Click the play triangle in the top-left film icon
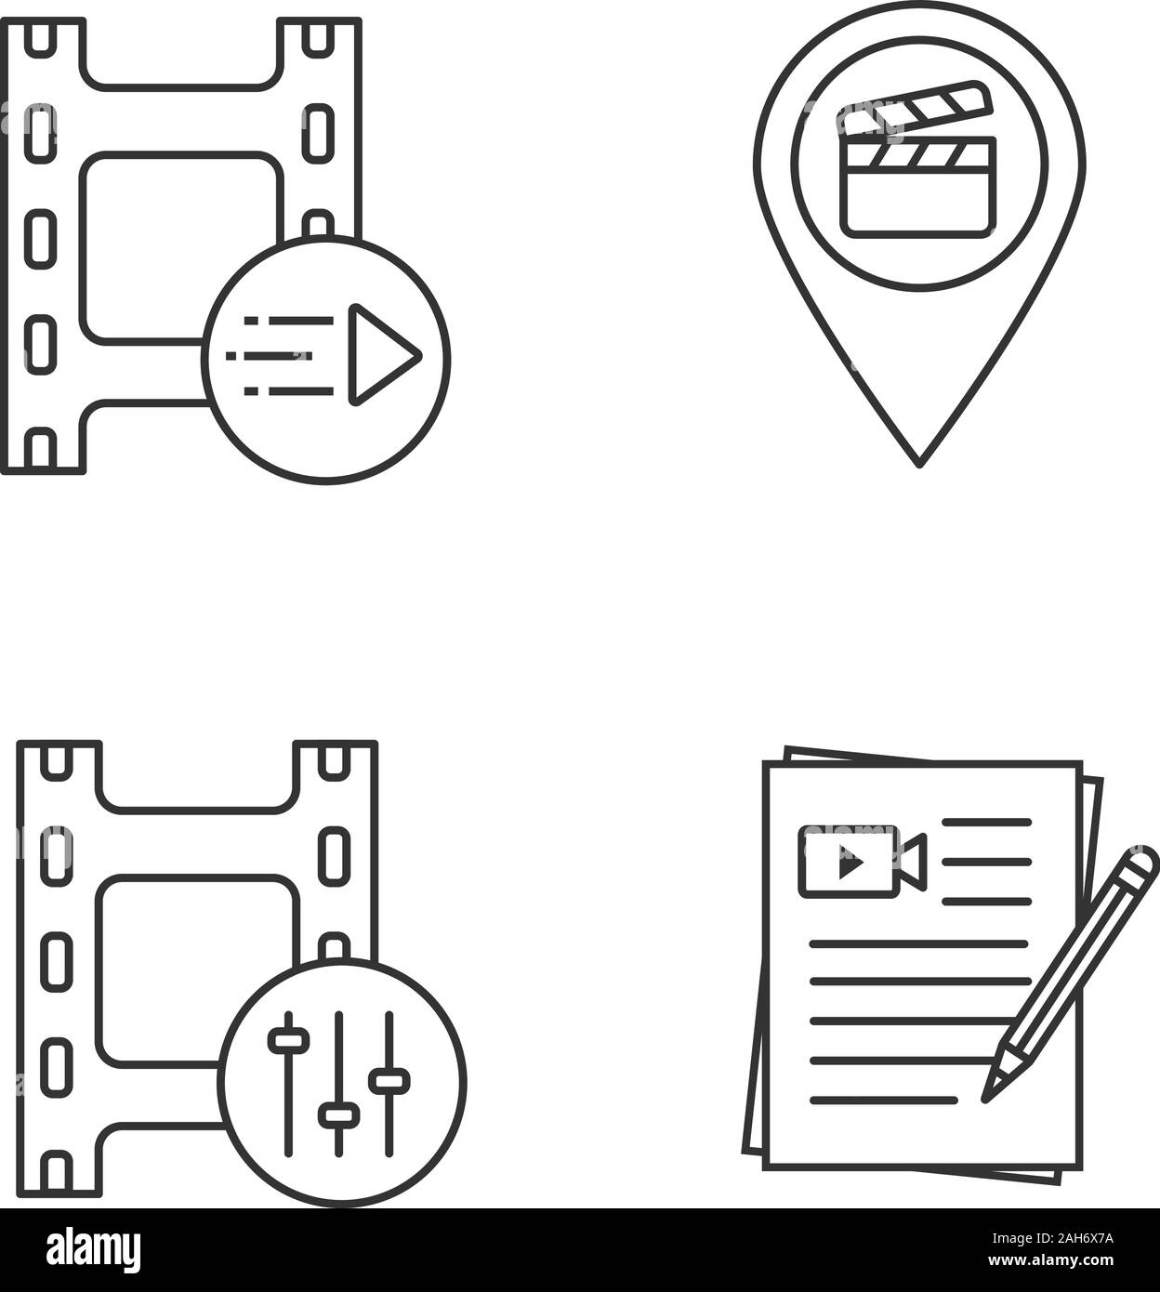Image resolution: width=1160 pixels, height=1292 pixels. pos(383,354)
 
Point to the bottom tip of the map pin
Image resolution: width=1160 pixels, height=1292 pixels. pos(918,462)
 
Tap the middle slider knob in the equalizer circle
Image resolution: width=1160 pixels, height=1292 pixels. pos(338,1114)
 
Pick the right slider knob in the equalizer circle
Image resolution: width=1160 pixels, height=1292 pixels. pos(389,1081)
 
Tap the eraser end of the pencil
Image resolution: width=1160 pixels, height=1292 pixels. pos(1144,860)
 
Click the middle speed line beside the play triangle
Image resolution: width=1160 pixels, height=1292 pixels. pos(281,355)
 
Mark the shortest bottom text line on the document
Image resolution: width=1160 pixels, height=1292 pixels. pos(883,1101)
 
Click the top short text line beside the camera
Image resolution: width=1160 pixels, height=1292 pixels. pos(986,823)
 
